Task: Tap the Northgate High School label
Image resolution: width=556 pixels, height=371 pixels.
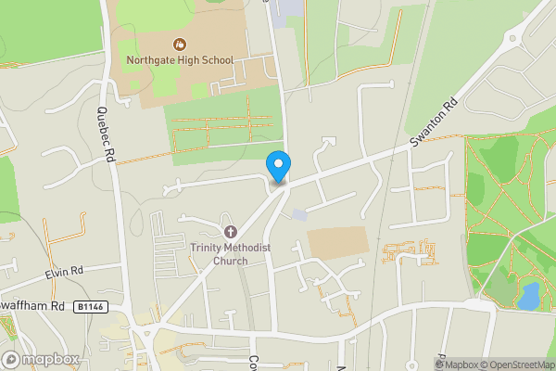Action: click(x=180, y=61)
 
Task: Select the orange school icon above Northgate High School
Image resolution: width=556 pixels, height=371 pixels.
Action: click(x=180, y=43)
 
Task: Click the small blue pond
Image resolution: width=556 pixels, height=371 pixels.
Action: click(x=528, y=297)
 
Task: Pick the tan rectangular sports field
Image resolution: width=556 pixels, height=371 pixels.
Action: click(x=338, y=243)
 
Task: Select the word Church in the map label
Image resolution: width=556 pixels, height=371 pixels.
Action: click(x=232, y=261)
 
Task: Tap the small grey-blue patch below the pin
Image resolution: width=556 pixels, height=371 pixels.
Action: click(x=298, y=215)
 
